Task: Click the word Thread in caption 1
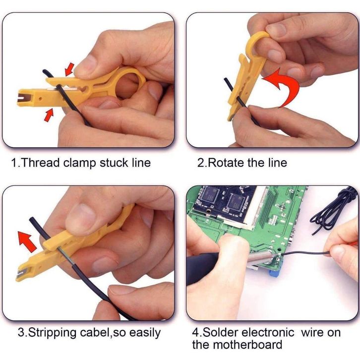tap(40, 163)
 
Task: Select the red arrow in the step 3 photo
tap(27, 241)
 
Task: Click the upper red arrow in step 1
tap(69, 69)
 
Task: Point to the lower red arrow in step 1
tap(49, 115)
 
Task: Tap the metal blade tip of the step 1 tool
tap(22, 98)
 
